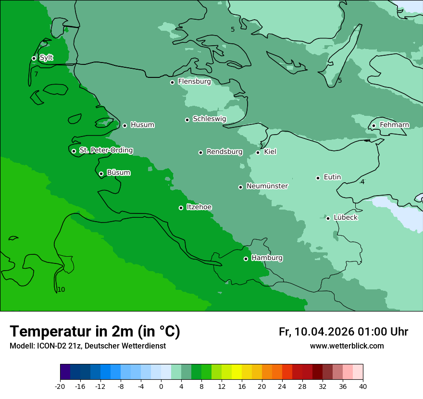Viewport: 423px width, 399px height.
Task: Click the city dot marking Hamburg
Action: click(246, 259)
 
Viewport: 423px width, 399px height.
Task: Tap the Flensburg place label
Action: click(194, 82)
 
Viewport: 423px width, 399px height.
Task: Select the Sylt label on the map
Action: click(46, 58)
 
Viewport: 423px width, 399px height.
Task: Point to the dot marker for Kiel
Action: click(258, 152)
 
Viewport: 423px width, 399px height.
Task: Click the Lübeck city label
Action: click(346, 218)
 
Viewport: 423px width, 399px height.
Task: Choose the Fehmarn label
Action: click(394, 125)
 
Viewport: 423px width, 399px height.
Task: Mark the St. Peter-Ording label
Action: click(106, 150)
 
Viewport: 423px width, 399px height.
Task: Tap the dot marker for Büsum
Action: click(101, 174)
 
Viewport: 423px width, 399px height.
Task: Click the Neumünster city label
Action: click(267, 186)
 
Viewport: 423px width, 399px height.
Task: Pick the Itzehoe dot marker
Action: click(181, 208)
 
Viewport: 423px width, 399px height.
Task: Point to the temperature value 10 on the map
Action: click(61, 289)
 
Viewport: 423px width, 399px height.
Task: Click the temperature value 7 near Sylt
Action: click(36, 74)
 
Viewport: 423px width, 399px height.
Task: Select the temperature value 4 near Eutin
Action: click(362, 182)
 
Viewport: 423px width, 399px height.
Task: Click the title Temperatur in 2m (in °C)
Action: click(95, 332)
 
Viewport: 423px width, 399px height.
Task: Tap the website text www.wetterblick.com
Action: click(347, 346)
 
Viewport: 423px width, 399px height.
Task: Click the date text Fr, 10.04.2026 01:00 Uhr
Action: click(343, 332)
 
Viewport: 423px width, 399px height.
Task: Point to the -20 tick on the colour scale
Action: click(60, 386)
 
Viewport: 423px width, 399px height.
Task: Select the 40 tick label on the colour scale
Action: click(363, 386)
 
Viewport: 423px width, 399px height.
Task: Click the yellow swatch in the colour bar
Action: click(236, 372)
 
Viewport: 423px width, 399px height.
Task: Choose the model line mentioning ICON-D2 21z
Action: click(87, 346)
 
